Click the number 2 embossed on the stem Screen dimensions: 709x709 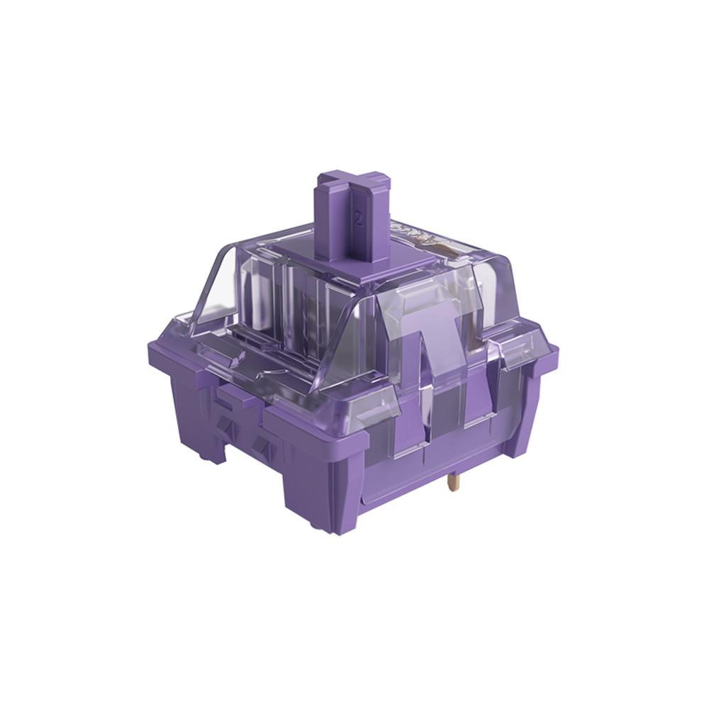(x=359, y=219)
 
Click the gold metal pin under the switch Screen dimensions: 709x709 (x=452, y=487)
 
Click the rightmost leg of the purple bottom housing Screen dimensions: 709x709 (x=525, y=425)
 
